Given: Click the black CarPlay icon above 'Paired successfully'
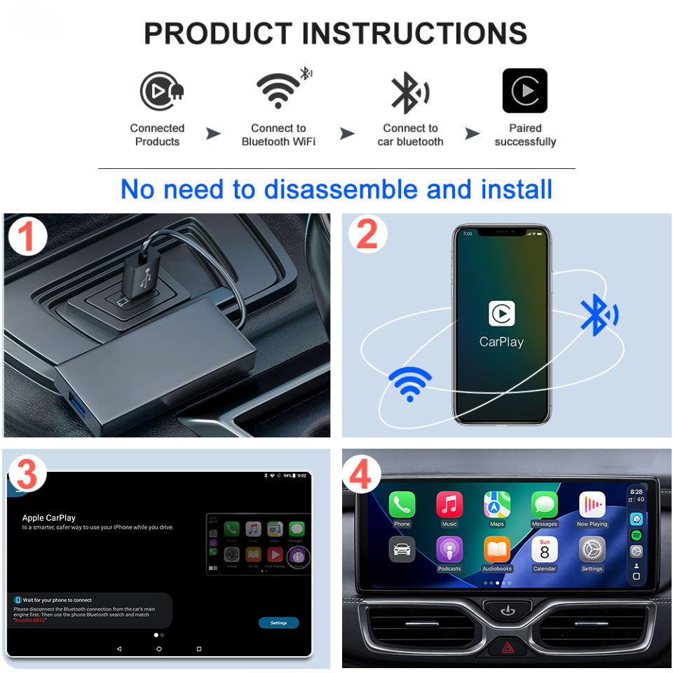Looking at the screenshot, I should [x=524, y=90].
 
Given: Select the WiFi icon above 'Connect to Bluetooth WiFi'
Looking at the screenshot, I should [x=278, y=90].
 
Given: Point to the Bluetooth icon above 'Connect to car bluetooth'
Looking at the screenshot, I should [x=409, y=92].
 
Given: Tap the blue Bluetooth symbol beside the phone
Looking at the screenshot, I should [x=598, y=315].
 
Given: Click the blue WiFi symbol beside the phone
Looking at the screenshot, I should [x=410, y=383].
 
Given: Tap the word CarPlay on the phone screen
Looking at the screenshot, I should [x=501, y=342].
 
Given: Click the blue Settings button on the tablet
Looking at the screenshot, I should [x=278, y=623].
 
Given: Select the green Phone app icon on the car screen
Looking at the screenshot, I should [x=402, y=505].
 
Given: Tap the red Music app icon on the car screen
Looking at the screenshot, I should [x=449, y=505].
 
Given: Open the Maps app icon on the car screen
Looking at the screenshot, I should [x=497, y=505].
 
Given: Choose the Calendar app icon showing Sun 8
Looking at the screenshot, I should [x=544, y=550].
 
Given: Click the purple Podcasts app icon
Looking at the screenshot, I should [x=449, y=550].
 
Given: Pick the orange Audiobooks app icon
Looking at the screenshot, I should [x=497, y=550].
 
